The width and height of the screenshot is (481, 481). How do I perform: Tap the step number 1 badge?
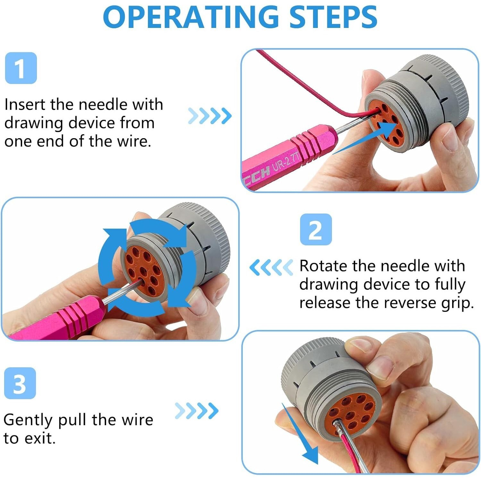(x=21, y=68)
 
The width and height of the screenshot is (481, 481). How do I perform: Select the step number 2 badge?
(x=316, y=230)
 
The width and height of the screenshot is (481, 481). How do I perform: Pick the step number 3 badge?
(x=20, y=383)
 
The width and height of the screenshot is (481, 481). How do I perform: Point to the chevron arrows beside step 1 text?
(x=210, y=116)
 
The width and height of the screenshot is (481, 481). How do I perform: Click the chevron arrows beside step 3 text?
(x=197, y=411)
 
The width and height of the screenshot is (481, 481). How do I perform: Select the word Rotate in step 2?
(x=323, y=266)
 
